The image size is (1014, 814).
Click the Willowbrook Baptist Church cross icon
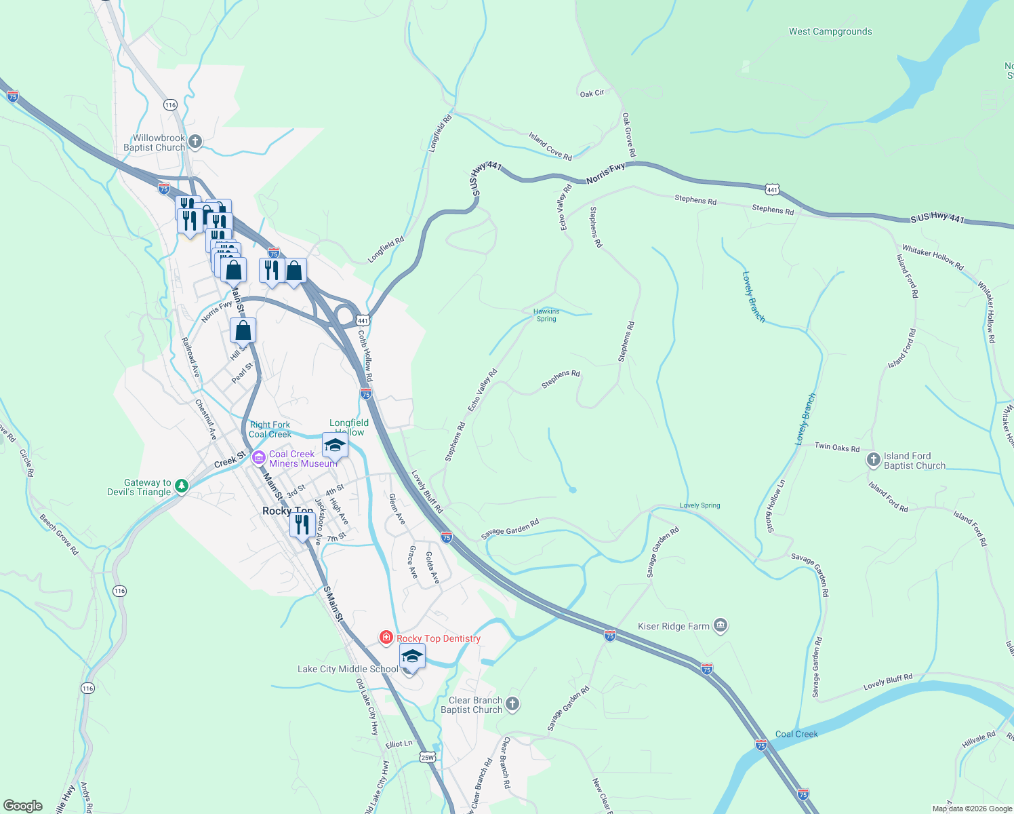pyautogui.click(x=195, y=141)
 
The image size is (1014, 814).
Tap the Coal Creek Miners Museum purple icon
pyautogui.click(x=258, y=458)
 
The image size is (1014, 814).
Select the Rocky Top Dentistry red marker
pyautogui.click(x=386, y=637)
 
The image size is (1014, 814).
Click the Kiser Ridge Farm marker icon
pyautogui.click(x=721, y=625)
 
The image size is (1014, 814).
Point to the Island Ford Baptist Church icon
pyautogui.click(x=873, y=460)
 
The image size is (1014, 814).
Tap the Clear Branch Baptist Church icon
pyautogui.click(x=512, y=704)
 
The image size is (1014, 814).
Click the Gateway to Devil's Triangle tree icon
pyautogui.click(x=181, y=486)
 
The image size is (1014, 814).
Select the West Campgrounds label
pyautogui.click(x=830, y=31)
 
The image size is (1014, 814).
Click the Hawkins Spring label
pyautogui.click(x=546, y=315)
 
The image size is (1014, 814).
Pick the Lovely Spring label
pyautogui.click(x=699, y=505)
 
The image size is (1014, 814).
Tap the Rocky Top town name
pyautogui.click(x=287, y=511)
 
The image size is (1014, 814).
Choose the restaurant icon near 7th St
pyautogui.click(x=302, y=524)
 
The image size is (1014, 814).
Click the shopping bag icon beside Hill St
pyautogui.click(x=243, y=330)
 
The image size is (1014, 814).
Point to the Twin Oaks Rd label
pyautogui.click(x=836, y=447)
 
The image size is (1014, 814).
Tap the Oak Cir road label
pyautogui.click(x=592, y=94)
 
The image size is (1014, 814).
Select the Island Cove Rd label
pyautogui.click(x=550, y=146)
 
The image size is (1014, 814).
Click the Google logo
pyautogui.click(x=23, y=805)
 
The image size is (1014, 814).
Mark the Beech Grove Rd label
pyautogui.click(x=59, y=535)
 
